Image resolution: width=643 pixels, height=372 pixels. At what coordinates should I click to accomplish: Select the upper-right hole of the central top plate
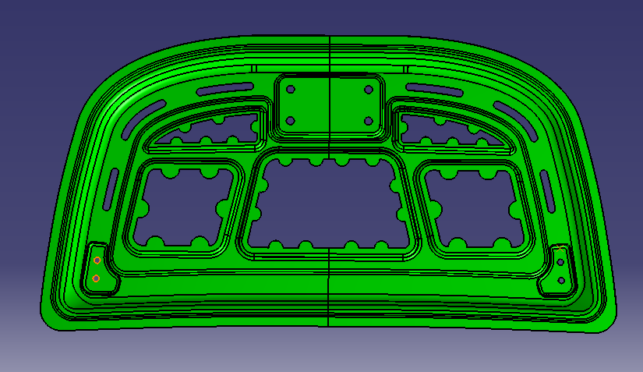367,89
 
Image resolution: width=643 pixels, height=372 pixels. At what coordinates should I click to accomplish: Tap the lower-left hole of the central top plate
291,121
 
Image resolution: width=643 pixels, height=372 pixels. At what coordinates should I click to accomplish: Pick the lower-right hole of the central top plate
367,121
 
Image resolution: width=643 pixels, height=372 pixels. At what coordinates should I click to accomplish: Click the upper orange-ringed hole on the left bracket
97,260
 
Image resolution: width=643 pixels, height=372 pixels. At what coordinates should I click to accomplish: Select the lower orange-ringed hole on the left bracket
96,278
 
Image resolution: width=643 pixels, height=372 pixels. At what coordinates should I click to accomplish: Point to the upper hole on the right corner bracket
561,262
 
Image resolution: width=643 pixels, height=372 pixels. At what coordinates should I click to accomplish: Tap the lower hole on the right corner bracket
561,279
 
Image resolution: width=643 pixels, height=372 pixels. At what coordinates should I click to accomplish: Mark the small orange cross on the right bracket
561,249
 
